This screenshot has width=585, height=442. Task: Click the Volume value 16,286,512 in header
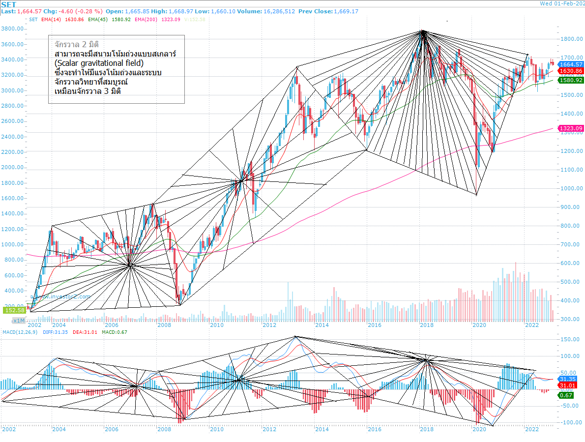pos(278,11)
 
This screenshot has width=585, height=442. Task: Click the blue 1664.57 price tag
pos(571,64)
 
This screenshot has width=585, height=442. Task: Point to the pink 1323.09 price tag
pos(571,128)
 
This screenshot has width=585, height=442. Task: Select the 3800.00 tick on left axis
pos(14,29)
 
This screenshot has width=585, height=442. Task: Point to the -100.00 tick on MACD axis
pos(570,422)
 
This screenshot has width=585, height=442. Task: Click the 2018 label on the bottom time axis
pos(426,429)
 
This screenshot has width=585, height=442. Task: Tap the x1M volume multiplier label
pos(18,320)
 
